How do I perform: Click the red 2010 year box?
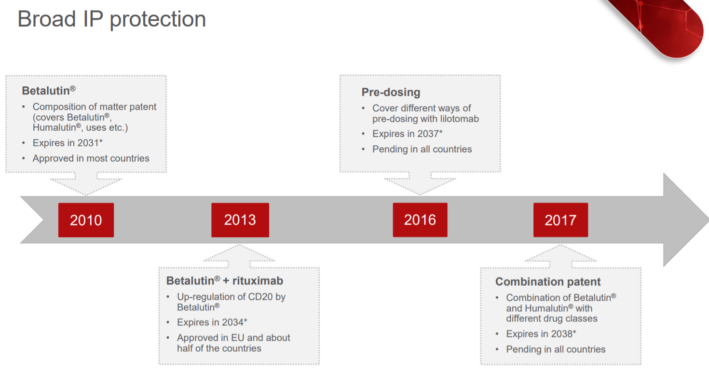[86, 220]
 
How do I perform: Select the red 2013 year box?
[240, 220]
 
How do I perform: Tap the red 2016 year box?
[420, 220]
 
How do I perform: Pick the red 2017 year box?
[560, 220]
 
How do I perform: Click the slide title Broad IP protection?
[112, 19]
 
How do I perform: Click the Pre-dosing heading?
[391, 92]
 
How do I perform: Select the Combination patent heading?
[548, 281]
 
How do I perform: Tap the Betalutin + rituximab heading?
[225, 281]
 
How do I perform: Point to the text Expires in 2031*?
[68, 143]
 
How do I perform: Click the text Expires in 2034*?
[212, 322]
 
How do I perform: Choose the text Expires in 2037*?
[408, 134]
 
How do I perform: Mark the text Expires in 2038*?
[541, 334]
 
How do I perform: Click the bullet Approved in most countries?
[91, 158]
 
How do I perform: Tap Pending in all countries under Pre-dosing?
[422, 149]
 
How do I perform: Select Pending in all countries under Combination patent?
[556, 349]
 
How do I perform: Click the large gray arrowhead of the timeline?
[684, 220]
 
